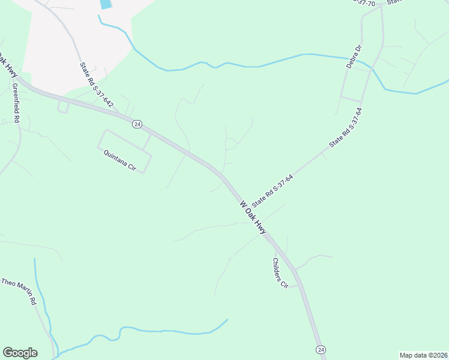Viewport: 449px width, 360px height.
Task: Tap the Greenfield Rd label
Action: pos(16,103)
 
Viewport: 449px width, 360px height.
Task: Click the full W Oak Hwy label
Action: pos(253,218)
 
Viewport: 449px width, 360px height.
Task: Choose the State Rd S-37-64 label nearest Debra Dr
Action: pos(346,128)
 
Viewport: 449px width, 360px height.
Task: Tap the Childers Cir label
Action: pos(280,273)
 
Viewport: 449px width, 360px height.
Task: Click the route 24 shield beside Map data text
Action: pos(321,349)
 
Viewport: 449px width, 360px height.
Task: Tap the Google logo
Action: pos(20,353)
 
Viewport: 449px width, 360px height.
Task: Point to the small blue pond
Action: pos(106,4)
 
